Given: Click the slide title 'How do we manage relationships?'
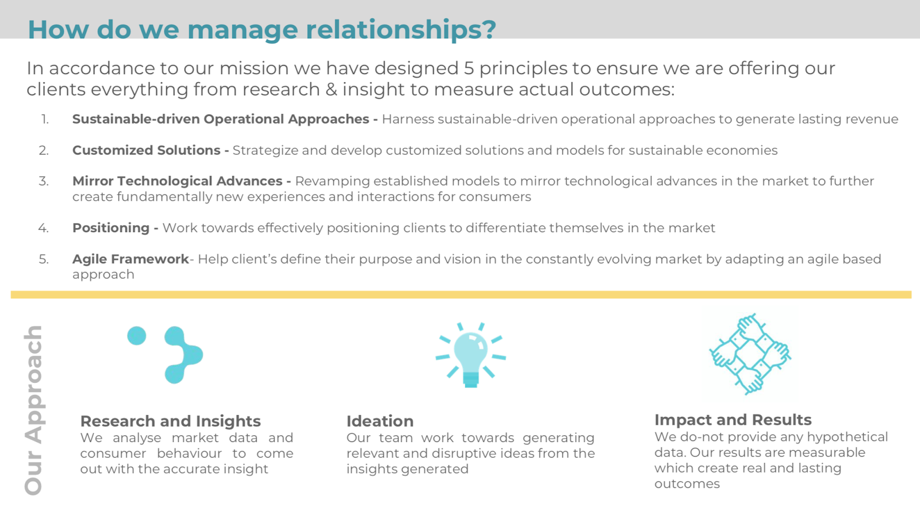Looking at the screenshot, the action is [x=262, y=29].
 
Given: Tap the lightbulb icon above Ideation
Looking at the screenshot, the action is [x=471, y=355].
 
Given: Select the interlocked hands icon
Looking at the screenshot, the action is [x=750, y=354].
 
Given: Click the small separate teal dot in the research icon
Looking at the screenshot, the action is [x=137, y=336].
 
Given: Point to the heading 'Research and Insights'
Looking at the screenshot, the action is [x=170, y=421].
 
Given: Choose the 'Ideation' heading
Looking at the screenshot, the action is [x=380, y=421].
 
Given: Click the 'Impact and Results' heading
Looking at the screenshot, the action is [x=733, y=420].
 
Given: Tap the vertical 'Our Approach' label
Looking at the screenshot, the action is [x=33, y=410].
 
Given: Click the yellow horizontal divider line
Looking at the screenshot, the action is [x=461, y=294].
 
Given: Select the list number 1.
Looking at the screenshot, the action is [x=45, y=119].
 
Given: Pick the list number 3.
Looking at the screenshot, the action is [x=44, y=181].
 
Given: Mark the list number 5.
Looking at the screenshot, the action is [x=44, y=259].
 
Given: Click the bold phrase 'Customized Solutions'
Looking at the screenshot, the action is [x=146, y=150].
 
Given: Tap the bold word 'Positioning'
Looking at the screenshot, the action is [x=111, y=228].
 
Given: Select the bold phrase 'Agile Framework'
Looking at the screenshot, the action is [x=131, y=259].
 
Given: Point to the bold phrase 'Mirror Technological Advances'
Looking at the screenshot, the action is [x=178, y=181].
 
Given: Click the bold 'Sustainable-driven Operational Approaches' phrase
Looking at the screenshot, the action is [x=221, y=119].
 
